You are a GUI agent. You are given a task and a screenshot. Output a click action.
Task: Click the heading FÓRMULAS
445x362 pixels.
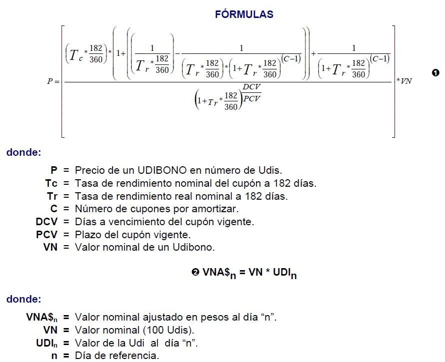pos(244,14)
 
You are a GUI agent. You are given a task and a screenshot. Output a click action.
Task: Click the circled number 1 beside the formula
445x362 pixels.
pos(435,73)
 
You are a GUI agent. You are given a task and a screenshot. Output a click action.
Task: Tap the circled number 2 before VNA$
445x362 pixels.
pos(195,273)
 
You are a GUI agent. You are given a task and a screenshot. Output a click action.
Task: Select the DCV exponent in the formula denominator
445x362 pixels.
pos(251,87)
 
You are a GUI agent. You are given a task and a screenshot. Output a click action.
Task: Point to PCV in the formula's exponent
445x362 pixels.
pos(252,99)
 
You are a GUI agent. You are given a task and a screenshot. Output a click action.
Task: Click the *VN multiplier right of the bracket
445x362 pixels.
pos(404,81)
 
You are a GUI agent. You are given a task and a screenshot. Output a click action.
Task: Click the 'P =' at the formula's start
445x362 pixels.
pos(53,81)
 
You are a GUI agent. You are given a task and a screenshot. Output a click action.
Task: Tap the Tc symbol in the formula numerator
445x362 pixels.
pos(76,55)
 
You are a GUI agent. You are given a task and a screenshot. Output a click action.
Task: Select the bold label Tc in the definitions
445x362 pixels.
pos(51,183)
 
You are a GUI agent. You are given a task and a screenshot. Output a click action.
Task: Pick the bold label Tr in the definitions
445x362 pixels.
pos(52,196)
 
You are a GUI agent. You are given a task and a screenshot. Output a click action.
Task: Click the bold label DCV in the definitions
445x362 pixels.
pos(46,222)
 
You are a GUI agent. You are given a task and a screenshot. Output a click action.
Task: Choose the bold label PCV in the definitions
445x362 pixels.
pos(46,235)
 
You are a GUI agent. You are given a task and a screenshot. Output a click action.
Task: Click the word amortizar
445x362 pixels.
pos(215,209)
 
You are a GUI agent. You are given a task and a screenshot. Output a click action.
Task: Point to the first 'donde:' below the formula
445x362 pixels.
pos(24,152)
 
